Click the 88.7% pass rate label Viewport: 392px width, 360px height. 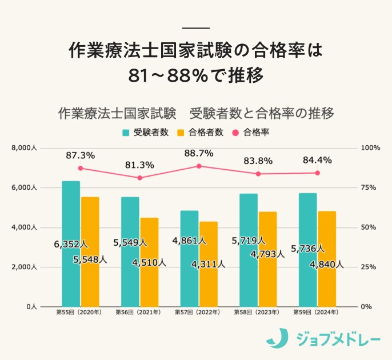point(199,153)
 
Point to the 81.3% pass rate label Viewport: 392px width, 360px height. point(139,165)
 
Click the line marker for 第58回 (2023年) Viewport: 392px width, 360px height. point(258,174)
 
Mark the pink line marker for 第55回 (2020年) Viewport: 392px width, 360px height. point(81,168)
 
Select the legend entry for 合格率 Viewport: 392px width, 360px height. point(251,133)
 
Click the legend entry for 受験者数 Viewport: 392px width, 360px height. point(146,133)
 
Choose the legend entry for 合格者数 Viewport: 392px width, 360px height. point(199,133)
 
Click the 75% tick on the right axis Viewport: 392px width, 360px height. point(370,187)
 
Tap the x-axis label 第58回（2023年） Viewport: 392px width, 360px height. point(258,313)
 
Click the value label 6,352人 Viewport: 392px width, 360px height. point(71,244)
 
